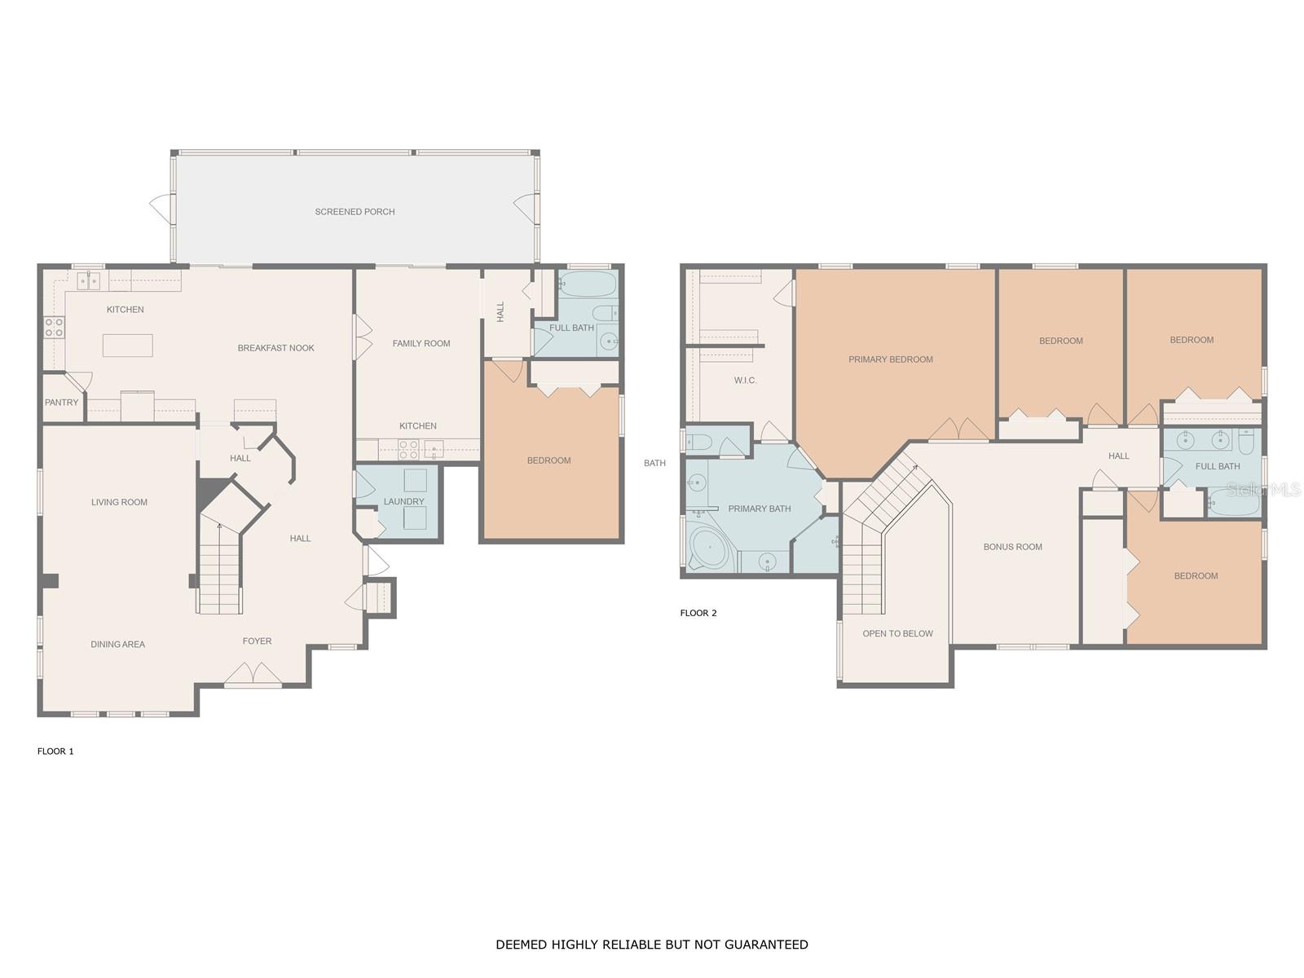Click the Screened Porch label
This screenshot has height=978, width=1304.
pyautogui.click(x=355, y=212)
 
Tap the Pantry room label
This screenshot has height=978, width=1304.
pyautogui.click(x=62, y=403)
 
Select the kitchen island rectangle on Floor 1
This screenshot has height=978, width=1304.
pyautogui.click(x=127, y=346)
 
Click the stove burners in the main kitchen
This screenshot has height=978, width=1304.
pyautogui.click(x=54, y=328)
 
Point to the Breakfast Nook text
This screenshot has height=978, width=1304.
pyautogui.click(x=275, y=348)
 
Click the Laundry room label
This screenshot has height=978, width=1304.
pyautogui.click(x=403, y=502)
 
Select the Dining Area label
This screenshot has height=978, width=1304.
pyautogui.click(x=117, y=645)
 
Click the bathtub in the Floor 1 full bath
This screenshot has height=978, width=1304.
pyautogui.click(x=586, y=285)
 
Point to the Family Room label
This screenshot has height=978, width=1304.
pyautogui.click(x=421, y=344)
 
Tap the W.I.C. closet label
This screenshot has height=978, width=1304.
pyautogui.click(x=745, y=381)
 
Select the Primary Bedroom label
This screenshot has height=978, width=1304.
pyautogui.click(x=890, y=359)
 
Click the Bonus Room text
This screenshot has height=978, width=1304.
pyautogui.click(x=1012, y=547)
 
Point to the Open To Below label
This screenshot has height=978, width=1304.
pyautogui.click(x=897, y=634)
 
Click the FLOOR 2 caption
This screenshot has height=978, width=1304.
pyautogui.click(x=698, y=613)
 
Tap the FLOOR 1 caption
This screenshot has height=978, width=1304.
pyautogui.click(x=55, y=751)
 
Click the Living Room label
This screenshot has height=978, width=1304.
pyautogui.click(x=119, y=503)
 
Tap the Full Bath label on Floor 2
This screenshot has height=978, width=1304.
pyautogui.click(x=1217, y=467)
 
